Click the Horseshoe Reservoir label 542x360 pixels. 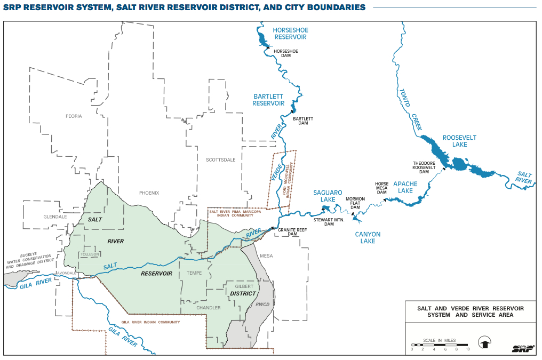coord(290,34)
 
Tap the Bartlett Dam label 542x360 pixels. coord(303,121)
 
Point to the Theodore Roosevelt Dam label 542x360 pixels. coord(424,167)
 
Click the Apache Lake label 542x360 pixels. coord(405,187)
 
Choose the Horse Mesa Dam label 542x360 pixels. coord(381,188)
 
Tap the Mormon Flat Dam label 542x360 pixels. coord(355,203)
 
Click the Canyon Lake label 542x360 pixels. coord(368,237)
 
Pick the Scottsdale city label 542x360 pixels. coord(220,160)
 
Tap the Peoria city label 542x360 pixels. coord(74,116)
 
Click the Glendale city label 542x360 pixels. coord(55,217)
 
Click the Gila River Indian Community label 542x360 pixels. coord(150,322)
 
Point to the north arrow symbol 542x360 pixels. coord(484,342)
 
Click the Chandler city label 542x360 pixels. coord(208,308)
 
